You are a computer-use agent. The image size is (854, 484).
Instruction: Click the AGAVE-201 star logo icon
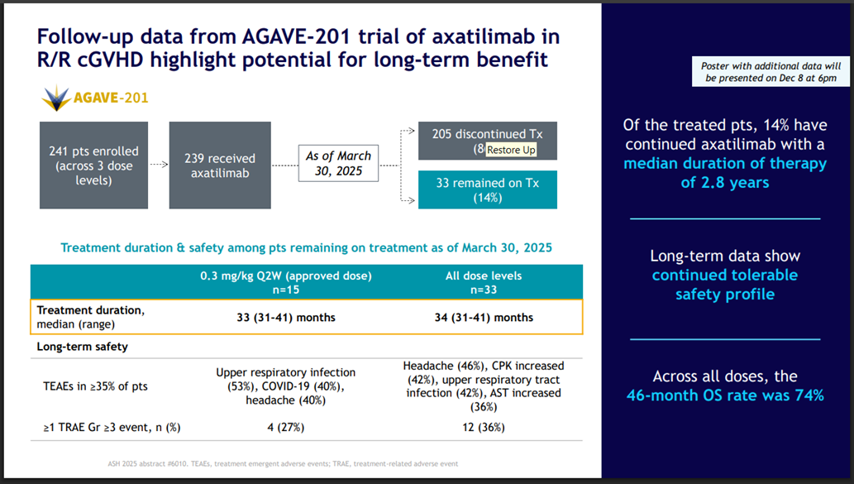tap(57, 98)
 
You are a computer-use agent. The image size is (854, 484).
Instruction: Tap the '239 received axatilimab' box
tap(219, 165)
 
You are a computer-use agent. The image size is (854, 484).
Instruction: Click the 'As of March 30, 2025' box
tap(338, 164)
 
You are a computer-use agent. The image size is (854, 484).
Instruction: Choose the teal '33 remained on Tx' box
tap(487, 189)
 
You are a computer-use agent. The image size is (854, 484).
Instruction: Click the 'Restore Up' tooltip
tap(511, 150)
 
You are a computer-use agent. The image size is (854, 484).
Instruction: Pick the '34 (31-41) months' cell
tap(483, 317)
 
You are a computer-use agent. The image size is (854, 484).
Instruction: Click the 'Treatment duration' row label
tap(91, 316)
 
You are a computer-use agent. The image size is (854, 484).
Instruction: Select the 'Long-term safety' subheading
tap(82, 347)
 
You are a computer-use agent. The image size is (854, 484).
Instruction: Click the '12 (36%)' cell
tap(483, 427)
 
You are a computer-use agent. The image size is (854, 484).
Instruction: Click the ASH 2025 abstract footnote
tap(284, 463)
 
